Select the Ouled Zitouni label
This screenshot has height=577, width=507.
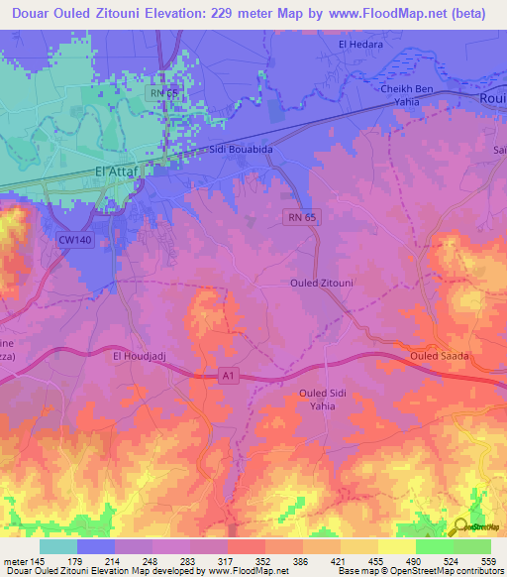coord(322,283)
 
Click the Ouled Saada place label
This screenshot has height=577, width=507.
coord(438,355)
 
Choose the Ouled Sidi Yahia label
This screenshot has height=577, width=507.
coord(327,400)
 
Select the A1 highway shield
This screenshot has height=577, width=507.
coord(229,374)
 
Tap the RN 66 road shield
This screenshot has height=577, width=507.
coord(163,92)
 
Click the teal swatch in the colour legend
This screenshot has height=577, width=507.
coord(57,545)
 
